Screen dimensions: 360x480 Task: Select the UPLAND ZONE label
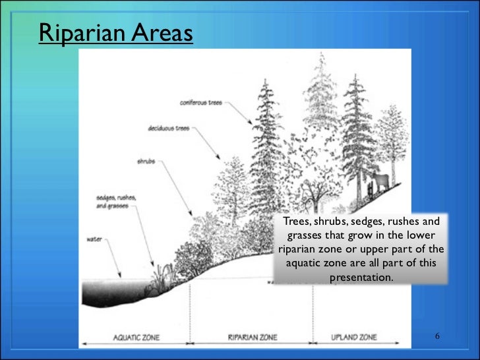coord(355,337)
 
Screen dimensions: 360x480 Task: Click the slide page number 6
coord(436,337)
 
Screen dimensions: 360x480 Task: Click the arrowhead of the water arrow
coord(119,275)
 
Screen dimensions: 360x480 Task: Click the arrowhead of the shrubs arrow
coord(191,218)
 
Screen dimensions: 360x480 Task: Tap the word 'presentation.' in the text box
coord(361,278)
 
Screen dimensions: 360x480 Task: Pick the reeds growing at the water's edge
coord(158,278)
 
